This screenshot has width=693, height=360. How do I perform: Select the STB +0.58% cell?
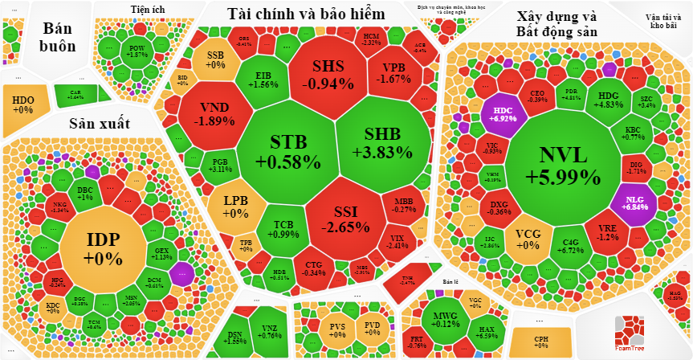pyautogui.click(x=288, y=151)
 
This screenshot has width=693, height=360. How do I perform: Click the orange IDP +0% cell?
pyautogui.click(x=104, y=247)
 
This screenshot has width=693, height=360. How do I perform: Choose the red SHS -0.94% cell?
pyautogui.click(x=327, y=74)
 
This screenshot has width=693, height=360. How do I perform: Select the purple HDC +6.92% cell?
pyautogui.click(x=503, y=113)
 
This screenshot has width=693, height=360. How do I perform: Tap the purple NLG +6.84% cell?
pyautogui.click(x=634, y=201)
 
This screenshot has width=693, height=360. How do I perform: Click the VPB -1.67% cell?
pyautogui.click(x=393, y=72)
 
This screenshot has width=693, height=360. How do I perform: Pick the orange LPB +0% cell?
pyautogui.click(x=235, y=207)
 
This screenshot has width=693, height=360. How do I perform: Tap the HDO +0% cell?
pyautogui.click(x=23, y=104)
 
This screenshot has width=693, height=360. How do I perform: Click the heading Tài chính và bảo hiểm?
pyautogui.click(x=306, y=14)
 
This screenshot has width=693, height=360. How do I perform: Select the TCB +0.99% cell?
pyautogui.click(x=283, y=229)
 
